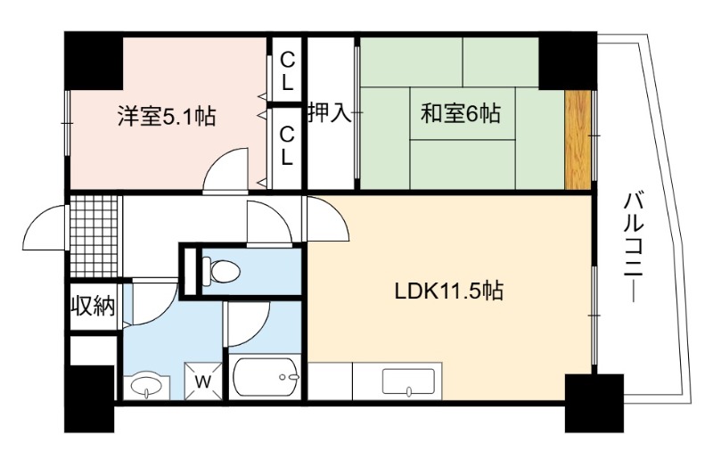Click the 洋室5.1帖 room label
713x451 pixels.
tap(167, 116)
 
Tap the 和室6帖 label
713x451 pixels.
tap(461, 113)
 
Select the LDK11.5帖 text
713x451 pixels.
tap(449, 291)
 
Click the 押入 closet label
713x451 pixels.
tap(331, 111)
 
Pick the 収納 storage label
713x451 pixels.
tap(94, 307)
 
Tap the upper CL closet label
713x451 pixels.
tap(287, 71)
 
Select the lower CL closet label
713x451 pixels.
tap(287, 146)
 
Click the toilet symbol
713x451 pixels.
tap(220, 272)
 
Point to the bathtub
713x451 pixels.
tap(265, 377)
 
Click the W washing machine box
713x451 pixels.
tap(203, 381)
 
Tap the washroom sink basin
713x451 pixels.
tap(146, 387)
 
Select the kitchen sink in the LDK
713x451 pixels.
tap(408, 381)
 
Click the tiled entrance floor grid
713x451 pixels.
tap(94, 236)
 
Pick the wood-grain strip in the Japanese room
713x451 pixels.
tap(578, 140)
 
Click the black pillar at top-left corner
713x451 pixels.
tap(94, 61)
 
